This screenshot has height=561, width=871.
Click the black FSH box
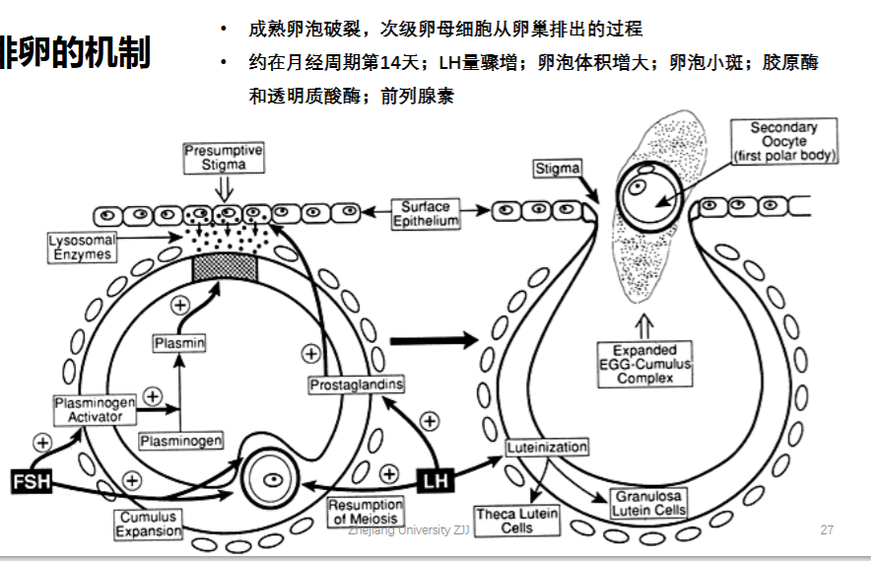coord(32,481)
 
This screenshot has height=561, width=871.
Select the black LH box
coord(435,480)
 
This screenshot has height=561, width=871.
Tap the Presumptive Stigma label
coord(224,158)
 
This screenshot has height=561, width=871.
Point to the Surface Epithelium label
coord(426,214)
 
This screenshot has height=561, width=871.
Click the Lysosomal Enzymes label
coord(82,247)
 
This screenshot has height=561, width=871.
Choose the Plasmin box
coord(179,343)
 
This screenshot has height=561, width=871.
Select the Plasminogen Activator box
coord(95,410)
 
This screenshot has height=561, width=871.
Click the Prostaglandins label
coord(356,385)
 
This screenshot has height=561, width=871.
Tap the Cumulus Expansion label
coord(149,525)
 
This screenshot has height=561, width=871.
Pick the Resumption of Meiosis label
coord(366,512)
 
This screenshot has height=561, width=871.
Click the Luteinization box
coord(547,447)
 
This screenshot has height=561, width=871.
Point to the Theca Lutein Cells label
coord(517,521)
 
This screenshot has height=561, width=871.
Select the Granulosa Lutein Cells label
coord(648,503)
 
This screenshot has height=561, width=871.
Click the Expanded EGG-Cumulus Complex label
coord(645,364)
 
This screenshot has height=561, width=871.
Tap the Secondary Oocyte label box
coord(783,141)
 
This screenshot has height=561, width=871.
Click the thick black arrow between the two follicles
coord(434,340)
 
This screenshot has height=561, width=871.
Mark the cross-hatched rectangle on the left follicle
coord(225,270)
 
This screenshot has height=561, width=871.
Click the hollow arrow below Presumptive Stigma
coord(224,188)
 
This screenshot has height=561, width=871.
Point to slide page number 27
coord(827,529)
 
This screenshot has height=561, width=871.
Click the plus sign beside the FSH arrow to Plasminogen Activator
coord(42,443)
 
